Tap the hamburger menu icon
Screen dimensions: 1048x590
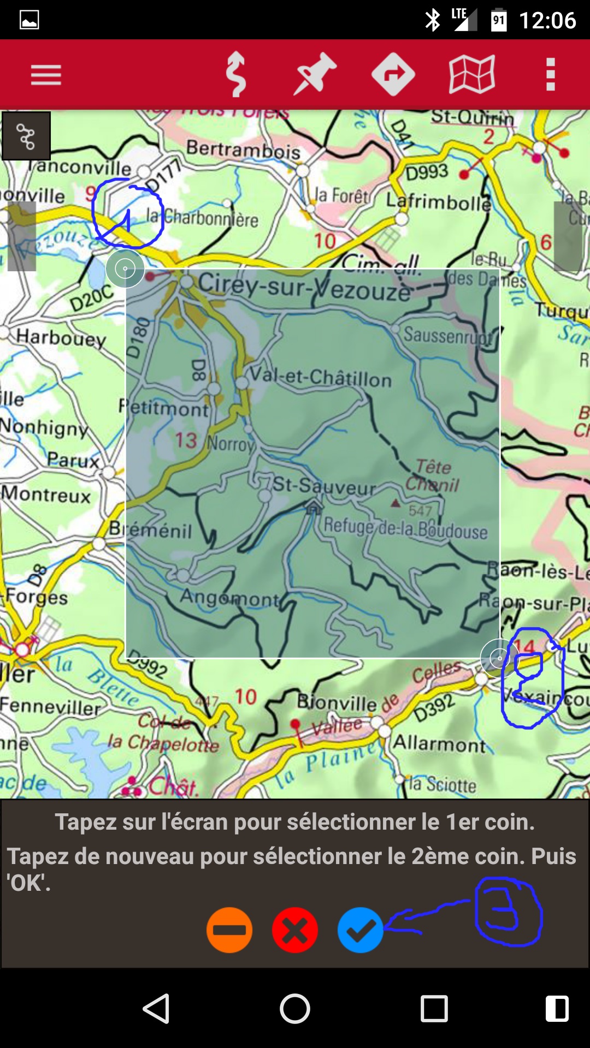coord(46,75)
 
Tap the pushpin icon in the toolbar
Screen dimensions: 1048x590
coord(315,74)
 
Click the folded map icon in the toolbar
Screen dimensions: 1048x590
coord(472,74)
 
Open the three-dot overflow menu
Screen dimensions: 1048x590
coord(551,74)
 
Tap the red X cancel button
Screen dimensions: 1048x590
coord(295,930)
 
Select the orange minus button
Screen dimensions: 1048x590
coord(229,930)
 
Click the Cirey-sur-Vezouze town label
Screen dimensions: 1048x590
coord(304,288)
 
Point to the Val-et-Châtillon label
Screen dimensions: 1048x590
coord(321,377)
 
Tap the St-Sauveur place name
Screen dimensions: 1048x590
coord(324,485)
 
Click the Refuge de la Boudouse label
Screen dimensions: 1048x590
coord(405,529)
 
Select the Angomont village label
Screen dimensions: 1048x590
coord(229,598)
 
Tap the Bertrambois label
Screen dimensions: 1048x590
coord(243,149)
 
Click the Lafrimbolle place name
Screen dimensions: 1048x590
coord(439,201)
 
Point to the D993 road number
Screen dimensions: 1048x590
coord(427,172)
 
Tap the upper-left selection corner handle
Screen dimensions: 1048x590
coord(125,269)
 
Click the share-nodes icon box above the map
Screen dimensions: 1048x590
coord(26,136)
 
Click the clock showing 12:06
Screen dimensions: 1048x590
coord(547,21)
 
